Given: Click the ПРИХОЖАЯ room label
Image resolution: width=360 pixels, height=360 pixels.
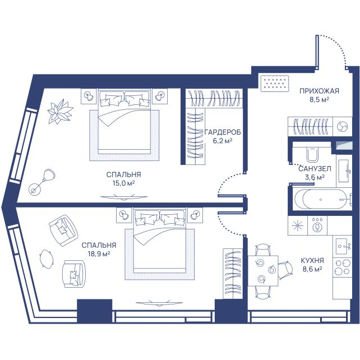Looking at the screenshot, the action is coord(319,91).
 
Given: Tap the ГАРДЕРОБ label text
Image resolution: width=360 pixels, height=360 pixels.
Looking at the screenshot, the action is coord(223,132).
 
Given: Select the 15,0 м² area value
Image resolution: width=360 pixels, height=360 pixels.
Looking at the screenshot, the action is coord(123,183).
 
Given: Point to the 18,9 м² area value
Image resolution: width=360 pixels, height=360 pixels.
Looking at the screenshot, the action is coord(99,254).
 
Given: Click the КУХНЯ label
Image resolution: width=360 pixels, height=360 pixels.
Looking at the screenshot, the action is coord(312,261).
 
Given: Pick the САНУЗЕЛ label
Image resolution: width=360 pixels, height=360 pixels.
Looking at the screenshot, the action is coord(315,169).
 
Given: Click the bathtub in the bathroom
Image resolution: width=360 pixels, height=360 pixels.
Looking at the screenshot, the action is coord(321,200).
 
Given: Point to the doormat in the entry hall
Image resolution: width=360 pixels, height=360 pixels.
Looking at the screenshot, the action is coord(275,83).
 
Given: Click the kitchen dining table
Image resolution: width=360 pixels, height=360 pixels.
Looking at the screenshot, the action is coord(263,270).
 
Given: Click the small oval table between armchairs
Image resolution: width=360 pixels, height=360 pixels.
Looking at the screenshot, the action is coord(47,259).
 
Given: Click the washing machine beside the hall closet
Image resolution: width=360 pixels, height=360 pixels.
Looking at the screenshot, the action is coord(342,126).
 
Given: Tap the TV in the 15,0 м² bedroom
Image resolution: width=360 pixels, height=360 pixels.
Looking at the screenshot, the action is coord(123,197).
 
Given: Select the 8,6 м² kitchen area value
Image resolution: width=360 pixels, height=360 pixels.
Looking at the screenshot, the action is coord(312,269).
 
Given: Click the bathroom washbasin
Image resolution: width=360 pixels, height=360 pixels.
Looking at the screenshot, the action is coord(344,170).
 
